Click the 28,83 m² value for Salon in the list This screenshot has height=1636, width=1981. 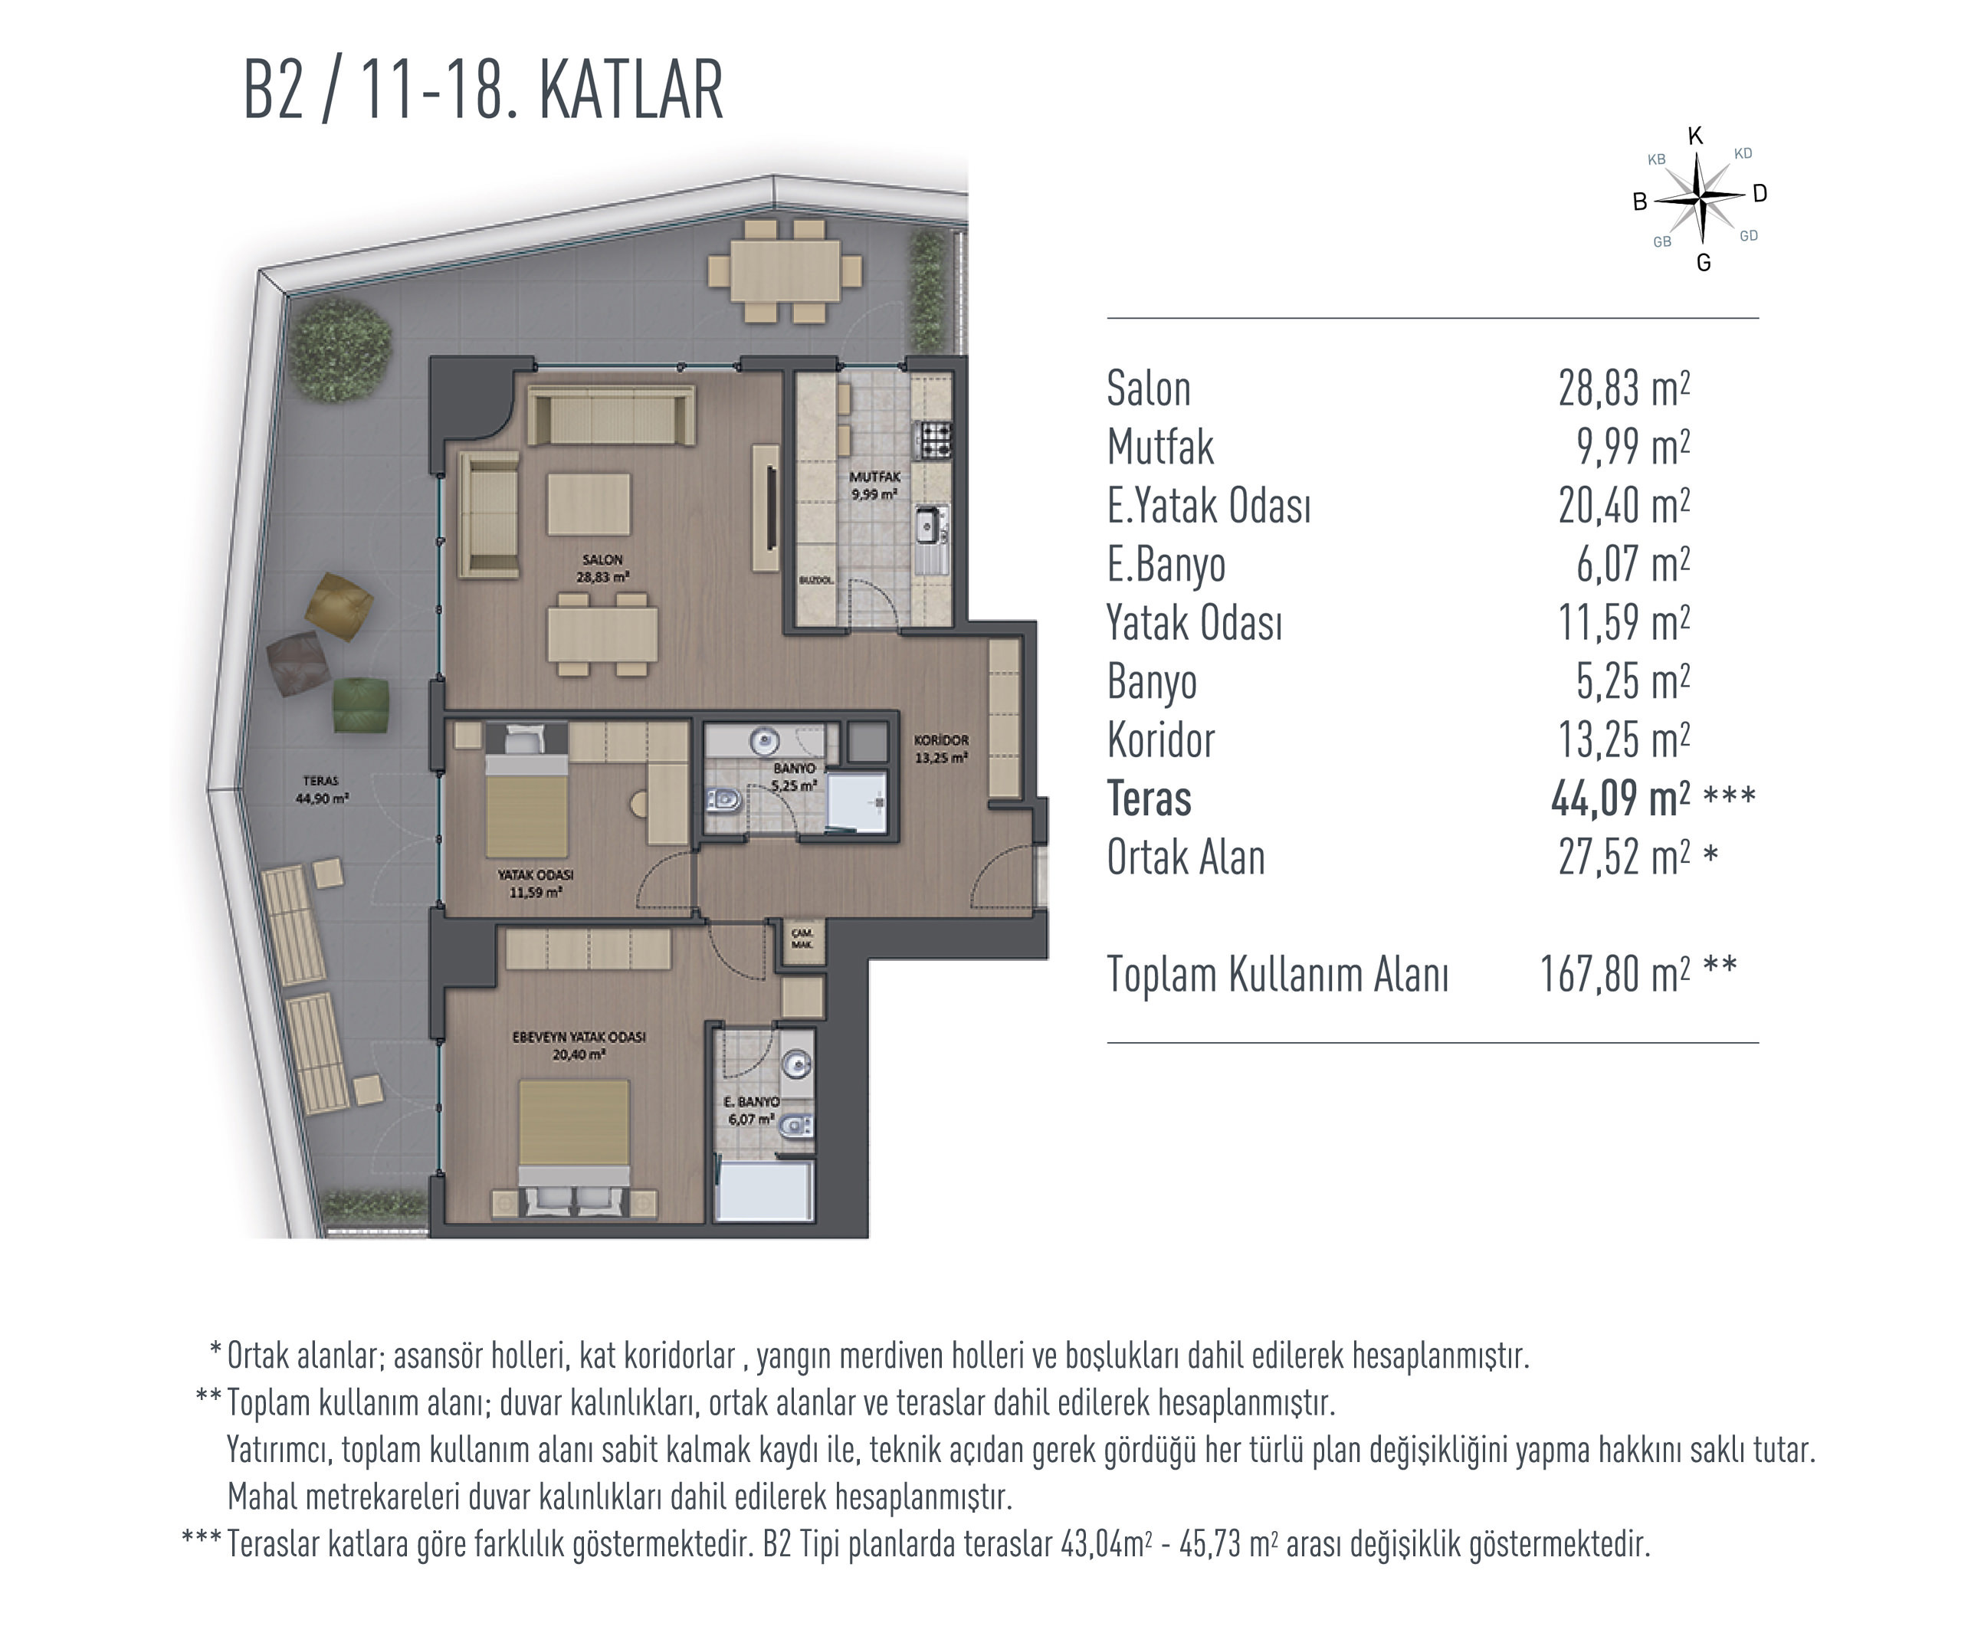1623,389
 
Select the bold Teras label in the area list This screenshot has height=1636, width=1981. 1148,799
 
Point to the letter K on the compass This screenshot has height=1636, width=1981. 1695,136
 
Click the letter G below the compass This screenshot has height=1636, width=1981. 1703,264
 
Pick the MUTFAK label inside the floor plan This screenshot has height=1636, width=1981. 874,477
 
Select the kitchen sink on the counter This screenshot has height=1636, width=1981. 931,526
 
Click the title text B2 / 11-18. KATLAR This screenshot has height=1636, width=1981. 484,90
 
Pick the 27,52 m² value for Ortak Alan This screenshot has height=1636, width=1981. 1623,857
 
